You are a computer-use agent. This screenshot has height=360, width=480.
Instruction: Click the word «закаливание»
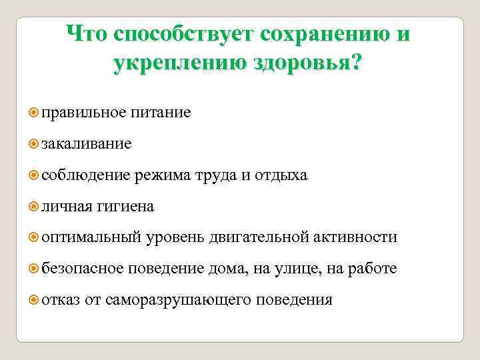click(86, 144)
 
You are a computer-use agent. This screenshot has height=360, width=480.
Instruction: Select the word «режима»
click(162, 175)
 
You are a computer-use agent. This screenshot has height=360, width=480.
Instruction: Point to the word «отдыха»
click(281, 175)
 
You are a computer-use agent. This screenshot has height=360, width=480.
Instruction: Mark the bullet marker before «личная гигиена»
click(35, 207)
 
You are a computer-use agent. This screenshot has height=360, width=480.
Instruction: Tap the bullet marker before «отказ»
click(35, 300)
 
